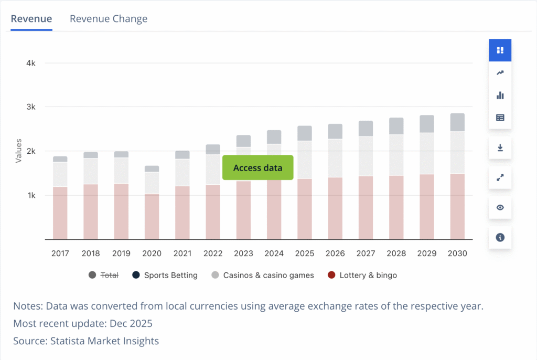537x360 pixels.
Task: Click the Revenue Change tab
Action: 109,19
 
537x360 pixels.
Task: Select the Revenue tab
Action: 31,19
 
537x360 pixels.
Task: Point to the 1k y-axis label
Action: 31,195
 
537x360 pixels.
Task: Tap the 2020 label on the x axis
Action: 152,253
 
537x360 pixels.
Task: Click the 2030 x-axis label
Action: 457,253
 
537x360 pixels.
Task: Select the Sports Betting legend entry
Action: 165,275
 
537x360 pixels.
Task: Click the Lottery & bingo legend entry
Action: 362,275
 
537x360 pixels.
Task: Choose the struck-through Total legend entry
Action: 104,275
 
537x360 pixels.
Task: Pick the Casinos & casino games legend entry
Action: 262,275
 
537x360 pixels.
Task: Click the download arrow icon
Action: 500,148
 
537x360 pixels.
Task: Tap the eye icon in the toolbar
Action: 500,207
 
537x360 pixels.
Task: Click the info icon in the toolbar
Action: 500,237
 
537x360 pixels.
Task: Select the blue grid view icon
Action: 500,50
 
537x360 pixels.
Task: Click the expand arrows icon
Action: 500,178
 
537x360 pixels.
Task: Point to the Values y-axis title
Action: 19,151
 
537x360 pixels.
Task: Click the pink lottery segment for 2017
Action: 60,213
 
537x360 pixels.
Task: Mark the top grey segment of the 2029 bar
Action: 426,124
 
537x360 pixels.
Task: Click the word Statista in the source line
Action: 70,341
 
